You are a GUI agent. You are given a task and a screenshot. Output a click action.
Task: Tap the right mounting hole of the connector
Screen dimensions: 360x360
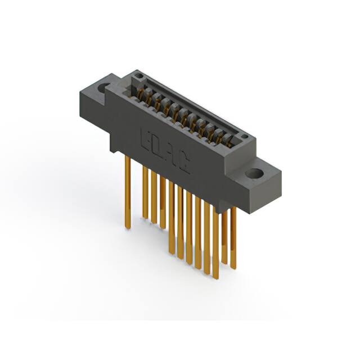(254, 174)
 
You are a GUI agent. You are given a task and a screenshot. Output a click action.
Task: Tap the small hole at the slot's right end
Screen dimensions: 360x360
(244, 136)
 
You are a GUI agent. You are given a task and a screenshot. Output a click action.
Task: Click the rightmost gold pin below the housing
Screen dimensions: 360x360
(233, 236)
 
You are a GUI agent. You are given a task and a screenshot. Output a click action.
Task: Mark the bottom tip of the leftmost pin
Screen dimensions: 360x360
(128, 227)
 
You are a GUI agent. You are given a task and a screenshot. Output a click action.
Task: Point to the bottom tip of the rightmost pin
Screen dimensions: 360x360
(233, 268)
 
